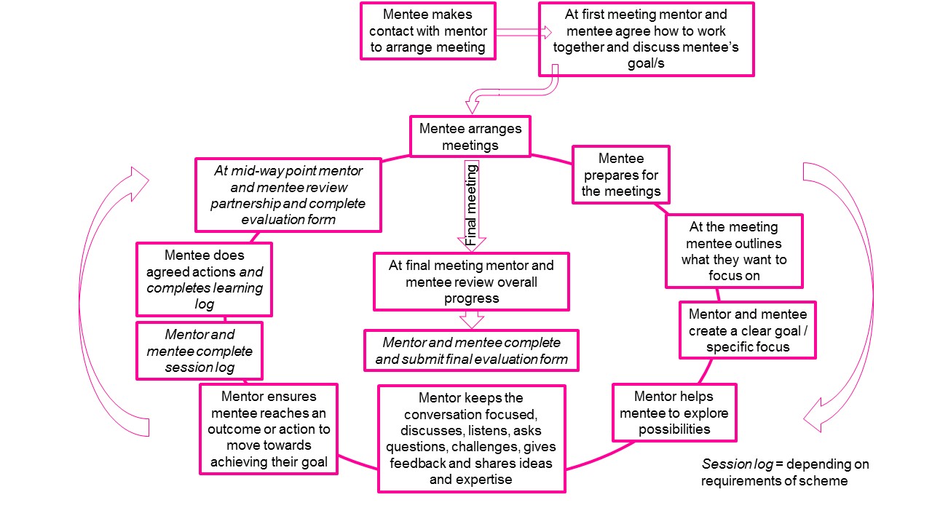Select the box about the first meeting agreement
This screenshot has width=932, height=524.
646,39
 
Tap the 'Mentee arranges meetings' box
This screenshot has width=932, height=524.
470,137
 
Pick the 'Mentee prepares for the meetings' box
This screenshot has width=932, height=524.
621,175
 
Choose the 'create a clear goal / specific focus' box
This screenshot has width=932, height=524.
748,330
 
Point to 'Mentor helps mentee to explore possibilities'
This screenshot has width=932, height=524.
674,413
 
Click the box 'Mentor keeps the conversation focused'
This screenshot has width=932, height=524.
471,438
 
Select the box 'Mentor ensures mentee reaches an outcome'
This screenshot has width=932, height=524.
269,429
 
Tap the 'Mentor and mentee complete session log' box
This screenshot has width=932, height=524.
200,351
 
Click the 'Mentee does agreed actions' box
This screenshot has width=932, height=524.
204,279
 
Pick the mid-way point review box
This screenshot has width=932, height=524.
288,195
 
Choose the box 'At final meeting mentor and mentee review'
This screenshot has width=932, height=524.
471,282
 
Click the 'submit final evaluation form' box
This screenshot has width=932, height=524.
471,351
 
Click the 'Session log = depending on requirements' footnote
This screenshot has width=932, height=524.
785,472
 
